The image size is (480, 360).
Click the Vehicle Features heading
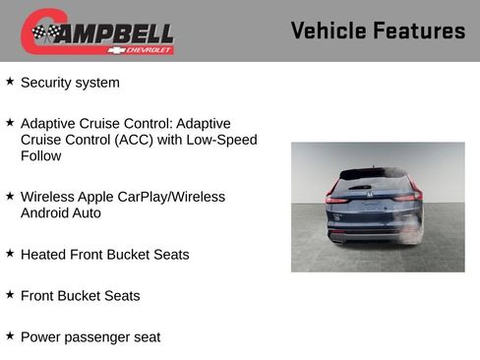point(378,30)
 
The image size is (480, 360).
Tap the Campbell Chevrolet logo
point(97,31)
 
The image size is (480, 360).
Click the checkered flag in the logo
point(45,33)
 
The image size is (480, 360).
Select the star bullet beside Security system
point(10,82)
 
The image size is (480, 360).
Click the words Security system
point(70,83)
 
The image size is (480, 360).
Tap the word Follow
point(40,155)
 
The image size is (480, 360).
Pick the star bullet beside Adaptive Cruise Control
point(10,123)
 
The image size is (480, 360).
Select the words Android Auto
point(60,212)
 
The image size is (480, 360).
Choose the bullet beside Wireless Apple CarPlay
point(10,196)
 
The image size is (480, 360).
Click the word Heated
point(43,254)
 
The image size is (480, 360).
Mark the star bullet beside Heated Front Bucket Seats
point(10,253)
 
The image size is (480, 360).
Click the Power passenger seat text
point(90,336)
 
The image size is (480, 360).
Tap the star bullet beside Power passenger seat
point(10,335)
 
